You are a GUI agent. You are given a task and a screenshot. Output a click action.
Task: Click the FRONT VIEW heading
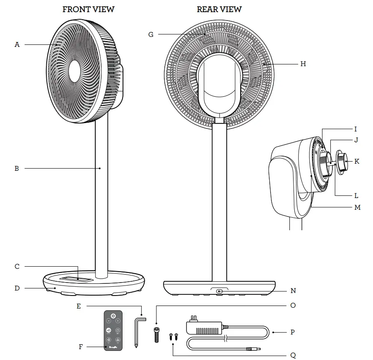88,9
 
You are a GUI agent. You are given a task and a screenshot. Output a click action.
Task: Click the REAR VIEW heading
219,9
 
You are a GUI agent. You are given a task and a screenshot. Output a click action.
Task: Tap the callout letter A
17,44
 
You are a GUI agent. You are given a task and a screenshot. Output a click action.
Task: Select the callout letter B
17,169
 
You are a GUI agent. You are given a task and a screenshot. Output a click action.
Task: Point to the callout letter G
151,35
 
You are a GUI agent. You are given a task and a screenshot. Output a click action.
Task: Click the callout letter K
356,161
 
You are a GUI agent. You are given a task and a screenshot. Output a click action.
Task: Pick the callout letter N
293,291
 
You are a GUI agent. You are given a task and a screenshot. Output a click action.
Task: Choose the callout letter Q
293,355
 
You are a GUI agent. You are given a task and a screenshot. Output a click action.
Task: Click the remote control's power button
113,315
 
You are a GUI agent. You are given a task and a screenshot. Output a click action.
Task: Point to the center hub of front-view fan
74,70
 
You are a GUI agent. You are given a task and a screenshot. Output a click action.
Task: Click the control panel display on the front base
78,278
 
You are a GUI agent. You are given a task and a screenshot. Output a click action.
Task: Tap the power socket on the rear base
220,291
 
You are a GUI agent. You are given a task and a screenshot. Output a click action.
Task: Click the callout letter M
357,207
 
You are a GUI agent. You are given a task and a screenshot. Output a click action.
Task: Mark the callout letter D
17,288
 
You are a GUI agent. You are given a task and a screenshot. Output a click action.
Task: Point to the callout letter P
293,332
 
